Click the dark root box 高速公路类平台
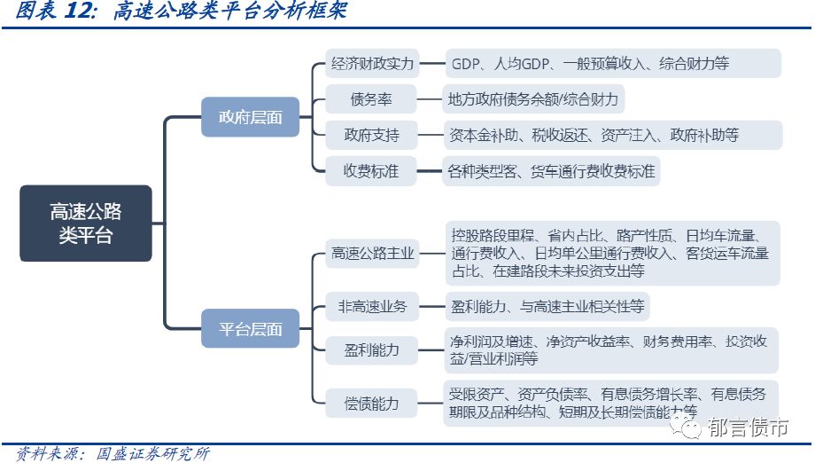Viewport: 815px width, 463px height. [x=86, y=224]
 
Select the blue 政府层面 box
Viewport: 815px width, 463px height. [x=251, y=117]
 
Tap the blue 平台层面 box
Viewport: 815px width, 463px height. [x=251, y=329]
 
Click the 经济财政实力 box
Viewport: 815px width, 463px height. [x=372, y=64]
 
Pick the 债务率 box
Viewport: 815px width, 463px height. [x=372, y=99]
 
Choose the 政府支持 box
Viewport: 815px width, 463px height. [x=372, y=136]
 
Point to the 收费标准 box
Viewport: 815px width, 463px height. [x=372, y=171]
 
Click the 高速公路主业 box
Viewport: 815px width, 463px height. [x=372, y=254]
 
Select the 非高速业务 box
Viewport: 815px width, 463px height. [x=372, y=307]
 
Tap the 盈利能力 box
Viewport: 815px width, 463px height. [x=372, y=350]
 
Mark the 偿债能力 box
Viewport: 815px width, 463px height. [x=372, y=404]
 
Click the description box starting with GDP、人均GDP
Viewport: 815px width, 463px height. [x=612, y=64]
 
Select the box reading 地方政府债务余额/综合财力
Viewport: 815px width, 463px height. [x=533, y=99]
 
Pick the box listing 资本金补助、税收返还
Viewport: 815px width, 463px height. [x=612, y=136]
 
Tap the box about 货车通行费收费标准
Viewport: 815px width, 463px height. [x=550, y=171]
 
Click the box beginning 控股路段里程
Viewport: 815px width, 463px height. [x=612, y=254]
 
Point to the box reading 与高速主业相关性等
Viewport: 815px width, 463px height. [x=547, y=307]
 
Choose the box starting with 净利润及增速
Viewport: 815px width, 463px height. [x=612, y=350]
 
